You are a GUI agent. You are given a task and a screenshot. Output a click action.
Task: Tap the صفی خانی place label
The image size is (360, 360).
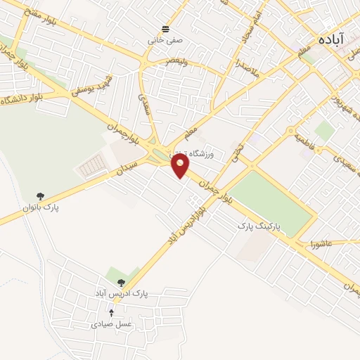[x=165, y=41]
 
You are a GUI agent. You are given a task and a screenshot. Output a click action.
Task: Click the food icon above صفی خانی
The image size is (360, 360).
[x=165, y=29]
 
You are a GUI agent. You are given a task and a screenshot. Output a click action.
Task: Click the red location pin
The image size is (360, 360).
[x=181, y=166]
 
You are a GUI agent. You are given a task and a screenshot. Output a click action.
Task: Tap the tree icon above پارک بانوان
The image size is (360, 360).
[x=39, y=196]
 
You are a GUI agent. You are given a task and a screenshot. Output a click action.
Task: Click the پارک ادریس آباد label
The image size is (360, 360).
[x=121, y=292]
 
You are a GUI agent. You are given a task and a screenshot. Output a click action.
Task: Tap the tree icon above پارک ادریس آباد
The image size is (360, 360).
[x=122, y=282]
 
